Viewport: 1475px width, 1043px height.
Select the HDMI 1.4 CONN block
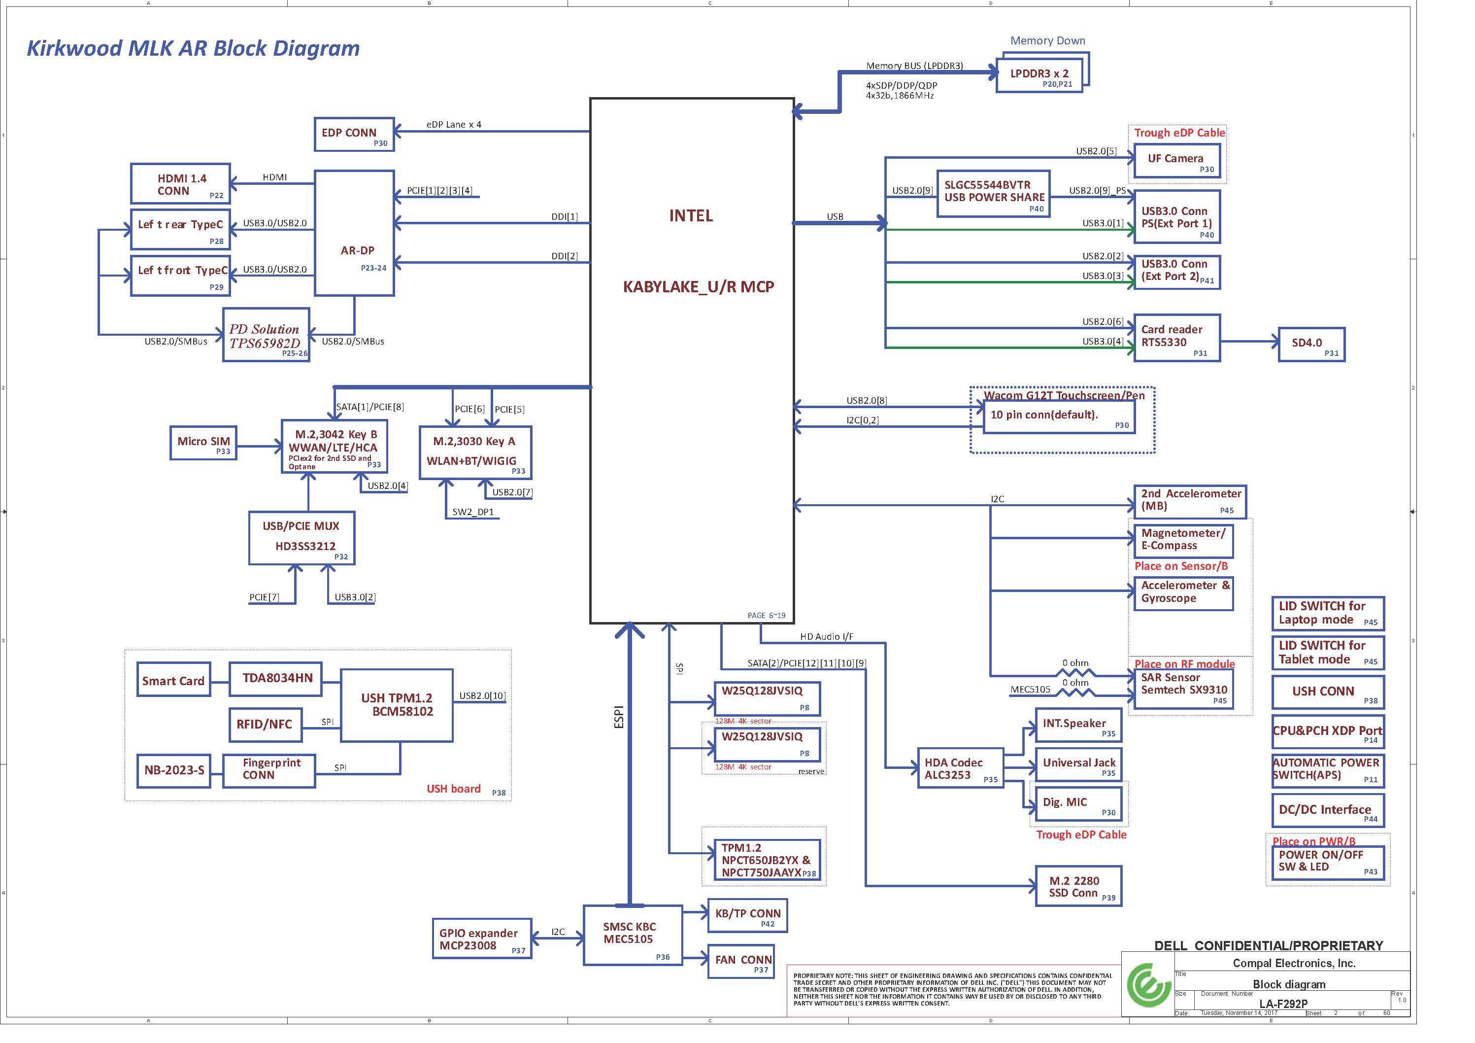(x=180, y=184)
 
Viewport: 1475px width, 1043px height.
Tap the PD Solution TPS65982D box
(x=266, y=335)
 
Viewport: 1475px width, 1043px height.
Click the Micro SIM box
(x=203, y=443)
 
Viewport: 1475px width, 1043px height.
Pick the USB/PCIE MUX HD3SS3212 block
(x=302, y=539)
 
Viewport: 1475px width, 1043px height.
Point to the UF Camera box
(x=1176, y=161)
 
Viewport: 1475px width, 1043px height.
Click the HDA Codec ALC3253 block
(x=960, y=768)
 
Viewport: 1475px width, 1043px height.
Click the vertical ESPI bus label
(x=619, y=717)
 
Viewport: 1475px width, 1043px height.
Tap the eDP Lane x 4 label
(x=454, y=125)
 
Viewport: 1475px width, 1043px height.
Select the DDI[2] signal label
(x=564, y=256)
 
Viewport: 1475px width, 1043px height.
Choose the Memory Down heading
(x=1048, y=40)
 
